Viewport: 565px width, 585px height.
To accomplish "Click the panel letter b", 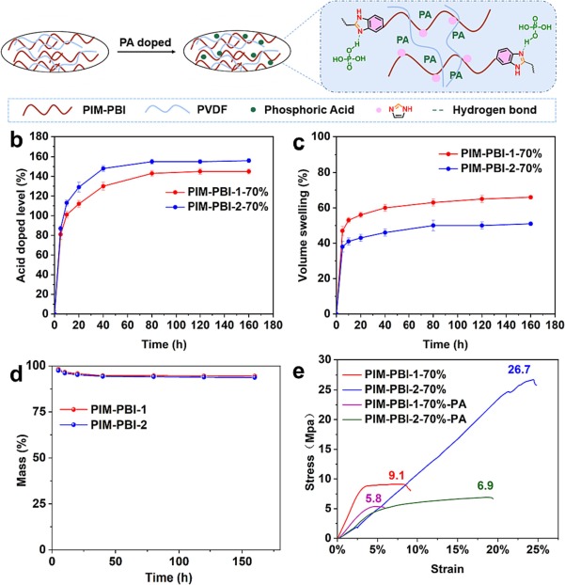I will pyautogui.click(x=12, y=142).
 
